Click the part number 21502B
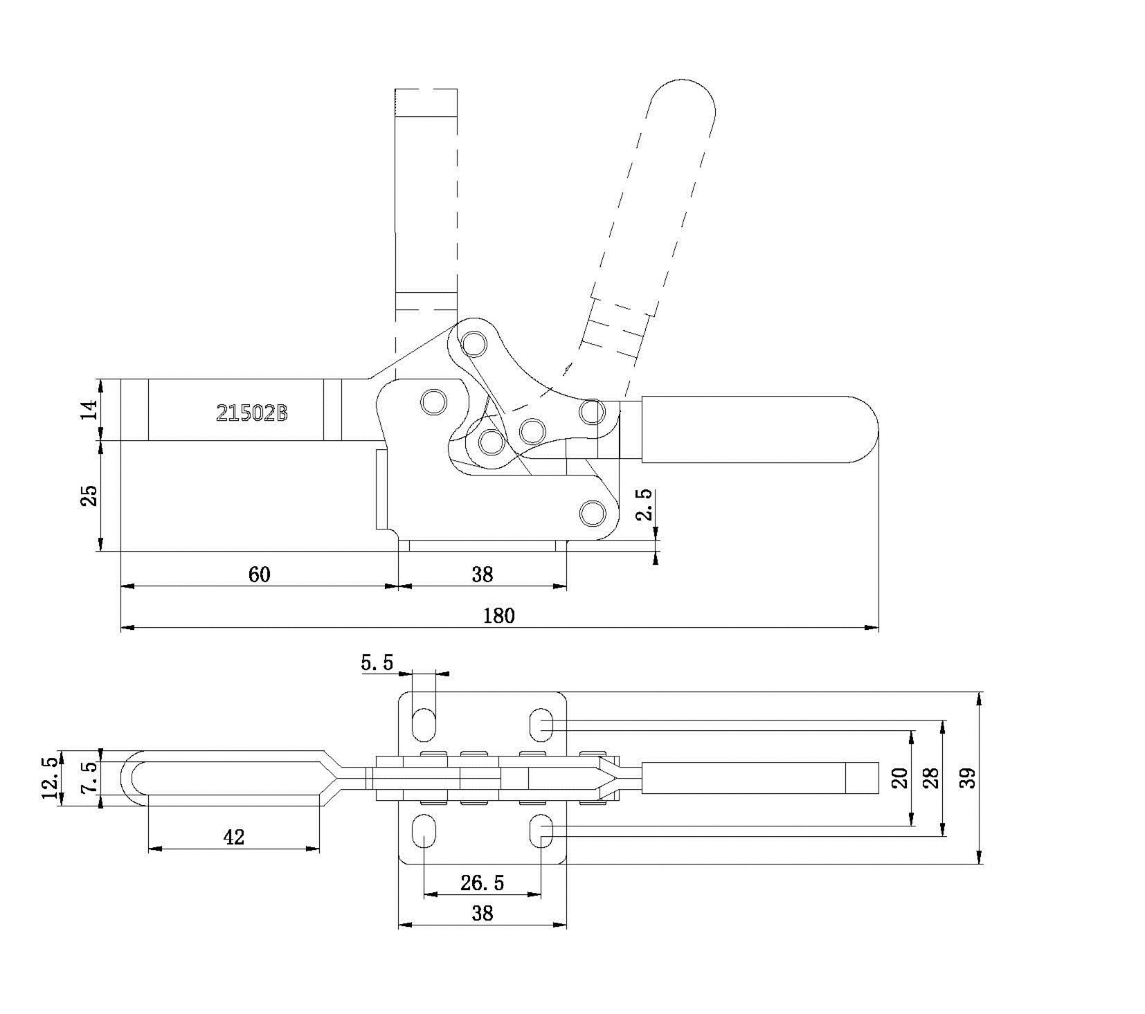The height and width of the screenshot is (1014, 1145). point(251,413)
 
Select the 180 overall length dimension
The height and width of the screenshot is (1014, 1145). point(499,615)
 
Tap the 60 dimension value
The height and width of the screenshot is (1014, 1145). point(260,574)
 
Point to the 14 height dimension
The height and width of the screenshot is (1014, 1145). point(90,409)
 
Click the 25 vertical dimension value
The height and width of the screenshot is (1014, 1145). point(90,496)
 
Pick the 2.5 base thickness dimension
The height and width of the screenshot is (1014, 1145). point(644,505)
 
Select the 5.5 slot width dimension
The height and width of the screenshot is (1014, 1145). point(377,663)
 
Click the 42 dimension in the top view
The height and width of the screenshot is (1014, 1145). point(234,838)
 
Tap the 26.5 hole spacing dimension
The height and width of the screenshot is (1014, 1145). point(483,882)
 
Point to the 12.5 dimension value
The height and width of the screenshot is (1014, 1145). point(49,778)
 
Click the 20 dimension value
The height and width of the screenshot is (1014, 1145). point(899,778)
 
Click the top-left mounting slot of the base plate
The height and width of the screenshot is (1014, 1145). point(424,725)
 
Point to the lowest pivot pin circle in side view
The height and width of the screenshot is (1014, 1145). point(591,514)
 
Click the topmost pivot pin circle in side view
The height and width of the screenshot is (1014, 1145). point(475,343)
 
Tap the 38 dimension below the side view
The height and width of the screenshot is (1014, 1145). point(483,574)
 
